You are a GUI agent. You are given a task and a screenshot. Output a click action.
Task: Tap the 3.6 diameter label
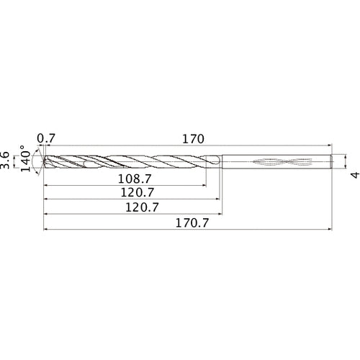(x=6, y=160)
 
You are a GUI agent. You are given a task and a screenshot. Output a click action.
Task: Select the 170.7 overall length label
(x=189, y=224)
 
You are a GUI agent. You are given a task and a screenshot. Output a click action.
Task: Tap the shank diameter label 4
(x=354, y=175)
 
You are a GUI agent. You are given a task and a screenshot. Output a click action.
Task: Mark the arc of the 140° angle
(x=35, y=160)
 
